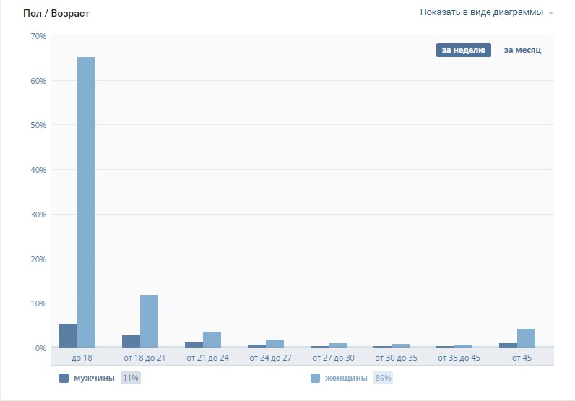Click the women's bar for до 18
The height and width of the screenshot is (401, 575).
pos(86,202)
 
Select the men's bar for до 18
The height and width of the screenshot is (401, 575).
pos(68,336)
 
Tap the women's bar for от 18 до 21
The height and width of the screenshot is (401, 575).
pos(149,322)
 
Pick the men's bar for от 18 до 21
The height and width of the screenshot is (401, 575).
pos(131,342)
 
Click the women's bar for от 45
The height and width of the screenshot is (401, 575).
pos(526,339)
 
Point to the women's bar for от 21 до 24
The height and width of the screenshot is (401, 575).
pos(212,340)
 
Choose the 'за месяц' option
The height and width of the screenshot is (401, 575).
pos(522,50)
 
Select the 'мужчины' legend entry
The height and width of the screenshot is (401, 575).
pos(94,378)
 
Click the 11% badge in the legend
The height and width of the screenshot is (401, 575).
pos(131,378)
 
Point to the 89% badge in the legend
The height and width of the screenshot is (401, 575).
pos(383,378)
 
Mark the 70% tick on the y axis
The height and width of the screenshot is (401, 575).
pos(38,36)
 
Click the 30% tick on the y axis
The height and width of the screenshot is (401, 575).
pos(38,215)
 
